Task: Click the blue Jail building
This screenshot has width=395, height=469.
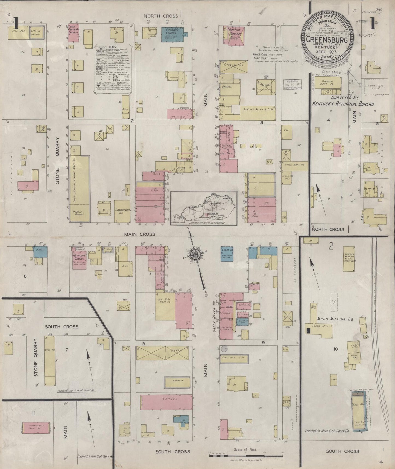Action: pyautogui.click(x=40, y=251)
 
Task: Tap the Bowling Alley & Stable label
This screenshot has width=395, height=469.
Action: pyautogui.click(x=258, y=109)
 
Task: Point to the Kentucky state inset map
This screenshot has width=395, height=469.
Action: pyautogui.click(x=204, y=208)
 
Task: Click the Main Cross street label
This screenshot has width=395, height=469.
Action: pyautogui.click(x=139, y=234)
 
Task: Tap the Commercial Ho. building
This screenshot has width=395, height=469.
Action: pyautogui.click(x=122, y=211)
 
